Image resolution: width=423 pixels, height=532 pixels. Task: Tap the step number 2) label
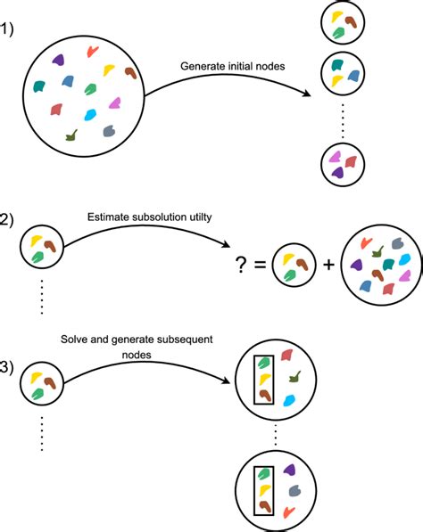10,220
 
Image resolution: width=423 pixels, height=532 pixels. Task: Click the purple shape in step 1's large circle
58,61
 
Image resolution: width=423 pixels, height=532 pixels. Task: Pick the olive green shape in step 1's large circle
71,135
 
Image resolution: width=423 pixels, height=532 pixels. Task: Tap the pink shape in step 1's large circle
115,102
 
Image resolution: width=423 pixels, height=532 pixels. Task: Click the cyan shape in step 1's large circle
91,114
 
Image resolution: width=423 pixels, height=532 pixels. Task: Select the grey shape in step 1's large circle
109,131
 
